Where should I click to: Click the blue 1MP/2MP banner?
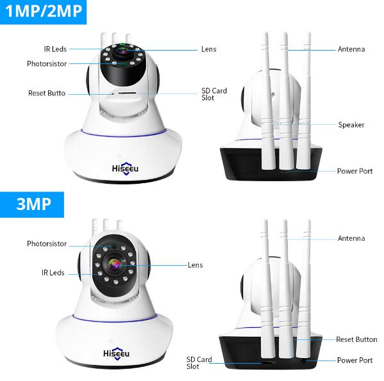pyautogui.click(x=43, y=12)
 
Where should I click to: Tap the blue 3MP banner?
pyautogui.click(x=32, y=204)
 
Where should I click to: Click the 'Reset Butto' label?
pyautogui.click(x=47, y=93)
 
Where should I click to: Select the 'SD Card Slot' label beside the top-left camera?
pyautogui.click(x=214, y=94)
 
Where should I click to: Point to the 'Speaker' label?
pyautogui.click(x=351, y=125)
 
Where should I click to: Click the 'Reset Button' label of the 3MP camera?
pyautogui.click(x=356, y=339)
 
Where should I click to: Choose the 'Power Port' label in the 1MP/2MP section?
pyautogui.click(x=355, y=171)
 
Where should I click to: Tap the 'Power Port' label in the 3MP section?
pyautogui.click(x=355, y=361)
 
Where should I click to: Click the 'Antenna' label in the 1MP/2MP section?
pyautogui.click(x=351, y=49)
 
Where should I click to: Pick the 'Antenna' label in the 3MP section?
pyautogui.click(x=351, y=238)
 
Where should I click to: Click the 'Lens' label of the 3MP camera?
pyautogui.click(x=195, y=265)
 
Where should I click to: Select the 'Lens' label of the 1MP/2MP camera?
pyautogui.click(x=208, y=49)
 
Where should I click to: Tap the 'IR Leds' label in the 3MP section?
pyautogui.click(x=53, y=273)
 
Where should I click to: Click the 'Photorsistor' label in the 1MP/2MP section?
pyautogui.click(x=47, y=64)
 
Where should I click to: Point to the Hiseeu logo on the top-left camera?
pyautogui.click(x=125, y=168)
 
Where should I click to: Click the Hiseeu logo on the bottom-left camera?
pyautogui.click(x=116, y=353)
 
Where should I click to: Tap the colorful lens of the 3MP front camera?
pyautogui.click(x=115, y=264)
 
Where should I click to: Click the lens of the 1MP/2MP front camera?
pyautogui.click(x=122, y=51)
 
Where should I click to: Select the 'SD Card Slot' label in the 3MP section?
pyautogui.click(x=199, y=363)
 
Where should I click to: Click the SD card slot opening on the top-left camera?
pyautogui.click(x=127, y=93)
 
